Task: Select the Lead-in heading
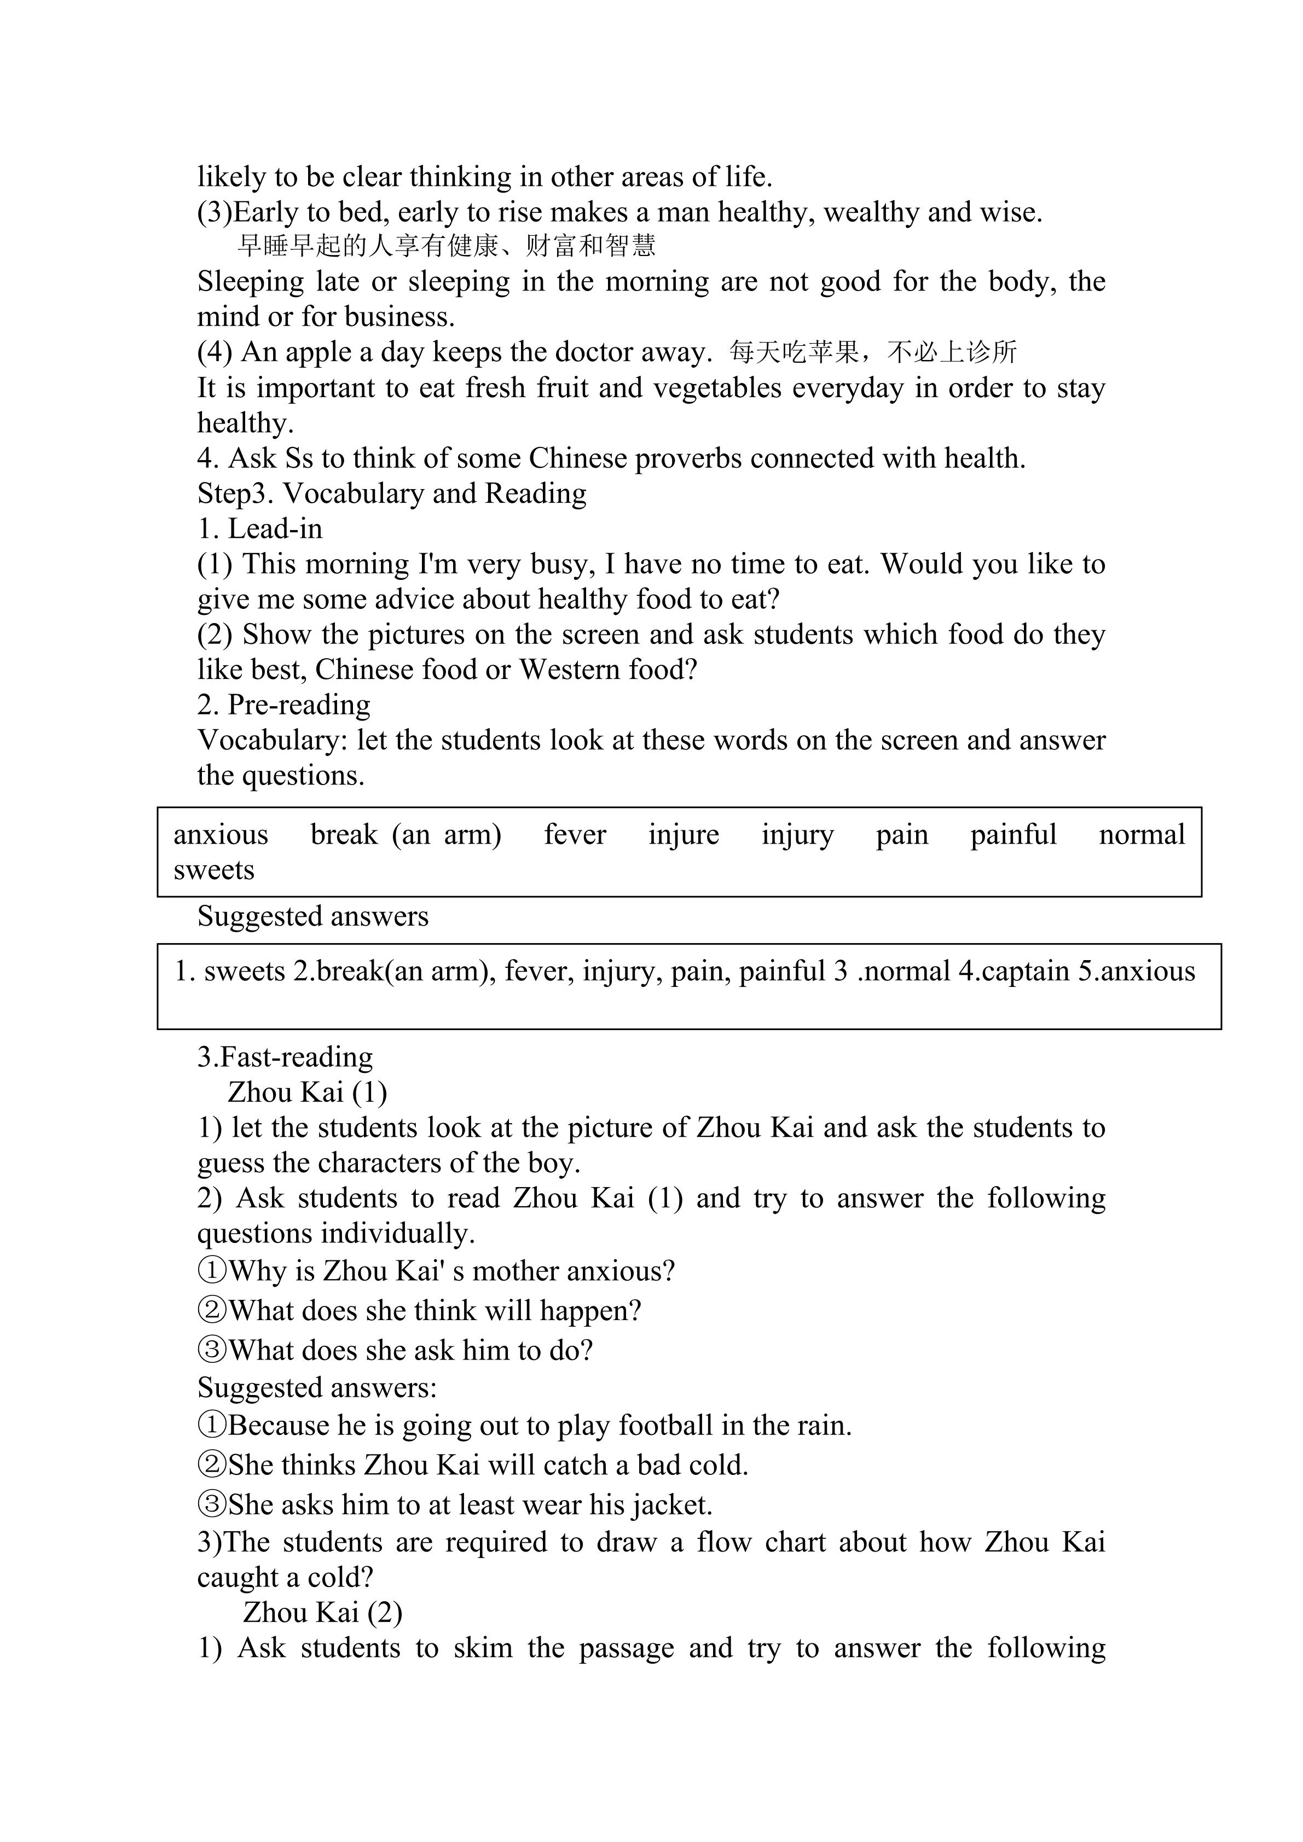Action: (275, 528)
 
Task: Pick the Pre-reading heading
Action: (298, 705)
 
